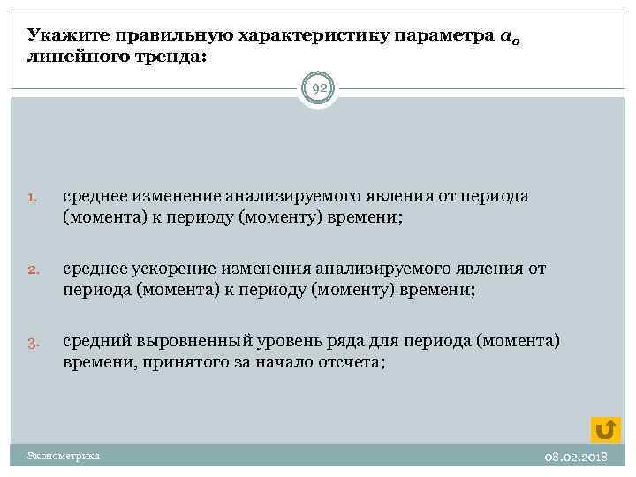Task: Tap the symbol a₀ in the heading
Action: pyautogui.click(x=509, y=37)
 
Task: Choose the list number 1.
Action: pyautogui.click(x=31, y=198)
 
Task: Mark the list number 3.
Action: pyautogui.click(x=31, y=342)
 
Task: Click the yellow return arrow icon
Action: pyautogui.click(x=605, y=428)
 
